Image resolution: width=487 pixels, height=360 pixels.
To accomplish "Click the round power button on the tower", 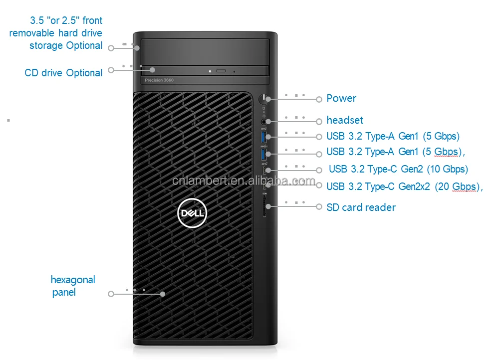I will click(263, 99).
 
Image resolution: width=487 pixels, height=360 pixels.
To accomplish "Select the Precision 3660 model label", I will click(159, 80).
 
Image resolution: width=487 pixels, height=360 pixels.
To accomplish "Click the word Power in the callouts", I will click(341, 98).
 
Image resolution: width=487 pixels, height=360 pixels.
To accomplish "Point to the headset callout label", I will click(345, 120).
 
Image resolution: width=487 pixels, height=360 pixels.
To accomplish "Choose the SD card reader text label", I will click(361, 207).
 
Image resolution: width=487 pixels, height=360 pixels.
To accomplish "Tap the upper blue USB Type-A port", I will click(264, 136).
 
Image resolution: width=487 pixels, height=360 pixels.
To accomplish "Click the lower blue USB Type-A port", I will click(264, 154).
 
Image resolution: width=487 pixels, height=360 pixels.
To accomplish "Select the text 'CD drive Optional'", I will click(63, 73).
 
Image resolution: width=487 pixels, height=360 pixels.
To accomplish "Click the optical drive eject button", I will click(221, 71).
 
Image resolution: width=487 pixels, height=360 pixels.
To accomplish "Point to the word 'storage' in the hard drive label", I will click(46, 45).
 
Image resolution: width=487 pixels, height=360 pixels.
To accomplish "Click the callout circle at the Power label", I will click(319, 99).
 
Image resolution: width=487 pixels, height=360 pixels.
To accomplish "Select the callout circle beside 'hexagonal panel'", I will click(111, 294).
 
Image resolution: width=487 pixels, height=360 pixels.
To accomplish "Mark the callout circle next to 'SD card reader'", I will click(319, 206).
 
